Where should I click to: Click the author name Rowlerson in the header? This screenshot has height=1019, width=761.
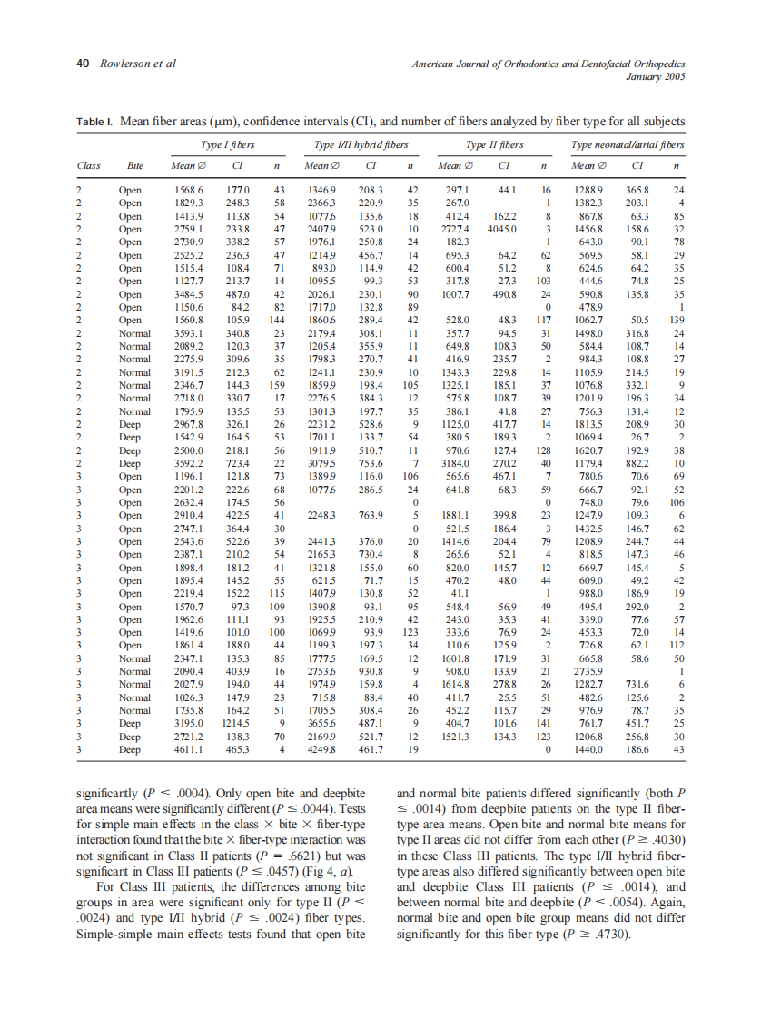point(125,64)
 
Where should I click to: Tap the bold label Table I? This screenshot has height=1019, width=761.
point(94,122)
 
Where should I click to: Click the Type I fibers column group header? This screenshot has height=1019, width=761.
point(226,144)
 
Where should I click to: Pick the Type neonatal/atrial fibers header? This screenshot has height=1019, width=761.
point(628,144)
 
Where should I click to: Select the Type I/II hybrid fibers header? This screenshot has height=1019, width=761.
point(361,144)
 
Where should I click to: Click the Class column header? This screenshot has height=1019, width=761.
point(89,166)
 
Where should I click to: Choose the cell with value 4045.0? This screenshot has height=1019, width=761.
point(501,232)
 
